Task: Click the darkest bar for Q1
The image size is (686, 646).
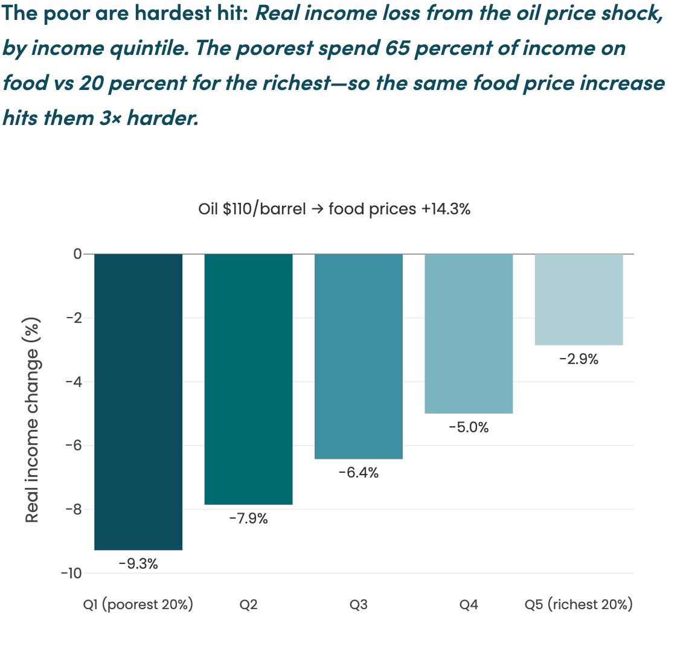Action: [138, 401]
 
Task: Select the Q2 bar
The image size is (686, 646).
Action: [249, 379]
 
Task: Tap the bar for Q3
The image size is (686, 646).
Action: [359, 356]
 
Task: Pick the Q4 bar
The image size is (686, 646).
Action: [469, 333]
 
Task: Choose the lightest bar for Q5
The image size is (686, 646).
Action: [579, 299]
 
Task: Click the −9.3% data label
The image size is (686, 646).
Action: [138, 564]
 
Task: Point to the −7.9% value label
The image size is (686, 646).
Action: [249, 518]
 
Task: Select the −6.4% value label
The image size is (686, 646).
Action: [359, 473]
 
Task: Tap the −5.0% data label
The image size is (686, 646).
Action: [469, 427]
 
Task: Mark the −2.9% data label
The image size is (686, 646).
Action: [579, 359]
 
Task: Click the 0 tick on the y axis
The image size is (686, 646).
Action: [77, 254]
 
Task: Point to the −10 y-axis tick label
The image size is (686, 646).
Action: [72, 574]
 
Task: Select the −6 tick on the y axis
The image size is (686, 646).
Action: [74, 446]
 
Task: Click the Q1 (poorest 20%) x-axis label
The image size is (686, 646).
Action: [138, 604]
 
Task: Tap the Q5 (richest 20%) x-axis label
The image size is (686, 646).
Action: [579, 604]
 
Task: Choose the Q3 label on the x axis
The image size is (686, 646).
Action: [359, 605]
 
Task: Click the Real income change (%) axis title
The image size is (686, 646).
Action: [32, 420]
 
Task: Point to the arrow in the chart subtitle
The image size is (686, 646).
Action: [317, 209]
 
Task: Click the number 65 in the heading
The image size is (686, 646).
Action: [397, 48]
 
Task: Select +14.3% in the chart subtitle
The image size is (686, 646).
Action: [446, 209]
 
